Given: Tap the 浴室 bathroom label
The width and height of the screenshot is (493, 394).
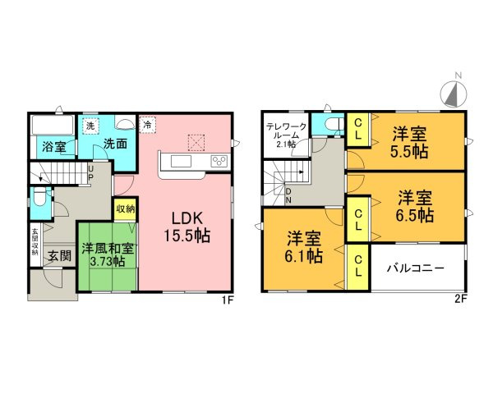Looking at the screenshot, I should pos(53,148).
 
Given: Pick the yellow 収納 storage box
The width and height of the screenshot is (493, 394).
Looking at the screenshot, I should pos(125,208).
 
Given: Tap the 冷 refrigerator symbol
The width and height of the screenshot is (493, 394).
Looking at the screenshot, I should pos(146,125).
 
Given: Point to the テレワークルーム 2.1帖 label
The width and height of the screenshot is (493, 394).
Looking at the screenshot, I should pos(285,135).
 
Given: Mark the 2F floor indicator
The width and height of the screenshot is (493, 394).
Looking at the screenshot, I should pos(460,300).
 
